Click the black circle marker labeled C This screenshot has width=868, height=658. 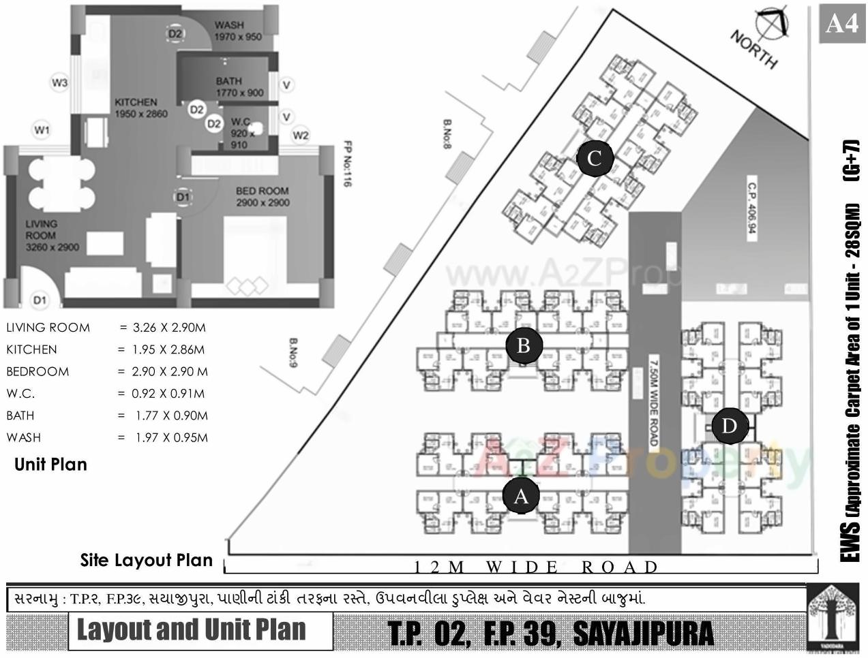click(595, 159)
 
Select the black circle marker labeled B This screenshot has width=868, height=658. click(524, 345)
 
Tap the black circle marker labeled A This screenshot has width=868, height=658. click(521, 497)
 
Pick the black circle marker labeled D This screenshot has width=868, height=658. click(729, 426)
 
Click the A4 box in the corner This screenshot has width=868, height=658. click(841, 24)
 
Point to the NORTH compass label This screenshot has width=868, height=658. click(754, 49)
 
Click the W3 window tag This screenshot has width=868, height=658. click(60, 83)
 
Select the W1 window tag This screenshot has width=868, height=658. click(42, 129)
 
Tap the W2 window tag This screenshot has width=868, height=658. click(301, 136)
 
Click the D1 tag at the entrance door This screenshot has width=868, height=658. click(40, 300)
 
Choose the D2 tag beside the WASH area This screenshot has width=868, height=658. click(175, 33)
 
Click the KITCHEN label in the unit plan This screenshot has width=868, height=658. click(136, 102)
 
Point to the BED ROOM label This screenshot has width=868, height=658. click(263, 191)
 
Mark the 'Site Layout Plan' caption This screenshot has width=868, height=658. click(147, 560)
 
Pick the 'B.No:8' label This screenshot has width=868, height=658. click(447, 137)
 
